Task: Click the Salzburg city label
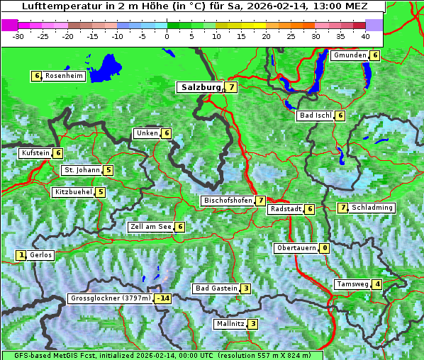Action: [199, 87]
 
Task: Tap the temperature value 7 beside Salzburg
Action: [232, 87]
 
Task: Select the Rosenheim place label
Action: [64, 76]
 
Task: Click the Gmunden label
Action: [350, 55]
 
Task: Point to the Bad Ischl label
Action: [316, 116]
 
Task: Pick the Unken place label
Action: [147, 133]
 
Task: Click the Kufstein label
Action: [35, 152]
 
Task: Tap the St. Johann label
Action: [81, 170]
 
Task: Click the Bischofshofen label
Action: [228, 201]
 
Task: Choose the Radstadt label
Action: [285, 209]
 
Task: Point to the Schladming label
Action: [372, 208]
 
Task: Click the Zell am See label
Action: [151, 227]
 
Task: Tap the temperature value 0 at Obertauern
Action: [324, 248]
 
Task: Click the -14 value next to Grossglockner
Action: [163, 298]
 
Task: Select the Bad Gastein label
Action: [216, 288]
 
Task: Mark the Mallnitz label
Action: [230, 324]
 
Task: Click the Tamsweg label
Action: [353, 284]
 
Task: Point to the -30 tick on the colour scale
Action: [18, 35]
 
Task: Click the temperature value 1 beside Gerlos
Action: [21, 255]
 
